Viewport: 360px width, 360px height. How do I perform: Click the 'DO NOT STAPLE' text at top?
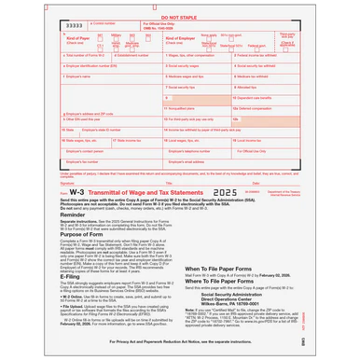(x=179, y=17)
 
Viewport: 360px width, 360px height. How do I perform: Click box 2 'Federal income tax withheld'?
(x=282, y=56)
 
